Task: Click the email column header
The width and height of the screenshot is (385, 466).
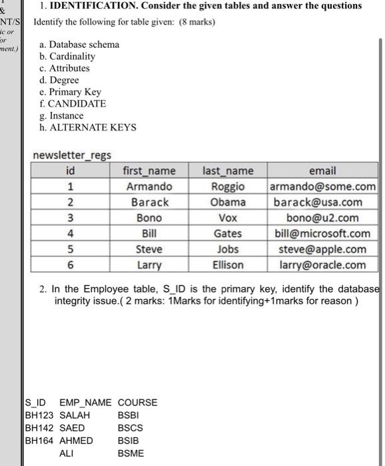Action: tap(323, 171)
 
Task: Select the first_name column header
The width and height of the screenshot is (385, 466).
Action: tap(149, 171)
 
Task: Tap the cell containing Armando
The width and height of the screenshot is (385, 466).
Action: tap(149, 186)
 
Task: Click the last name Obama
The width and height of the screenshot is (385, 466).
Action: tap(228, 202)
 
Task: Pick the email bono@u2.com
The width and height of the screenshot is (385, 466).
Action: tap(323, 218)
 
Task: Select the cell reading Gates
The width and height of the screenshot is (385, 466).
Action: tap(228, 234)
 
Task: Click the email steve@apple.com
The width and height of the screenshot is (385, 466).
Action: tap(323, 249)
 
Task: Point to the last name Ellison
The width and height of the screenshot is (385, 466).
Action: tap(228, 265)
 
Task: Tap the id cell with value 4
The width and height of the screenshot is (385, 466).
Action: tap(71, 234)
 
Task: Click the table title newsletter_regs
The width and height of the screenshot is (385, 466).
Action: tap(72, 155)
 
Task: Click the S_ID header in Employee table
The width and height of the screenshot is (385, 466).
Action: tap(36, 402)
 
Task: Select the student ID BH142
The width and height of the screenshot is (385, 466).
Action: tap(39, 427)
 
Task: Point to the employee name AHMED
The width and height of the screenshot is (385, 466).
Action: tap(77, 440)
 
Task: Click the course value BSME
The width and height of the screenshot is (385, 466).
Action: tap(131, 453)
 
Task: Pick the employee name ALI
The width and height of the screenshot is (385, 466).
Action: tap(67, 453)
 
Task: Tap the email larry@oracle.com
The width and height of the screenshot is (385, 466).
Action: tap(323, 265)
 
